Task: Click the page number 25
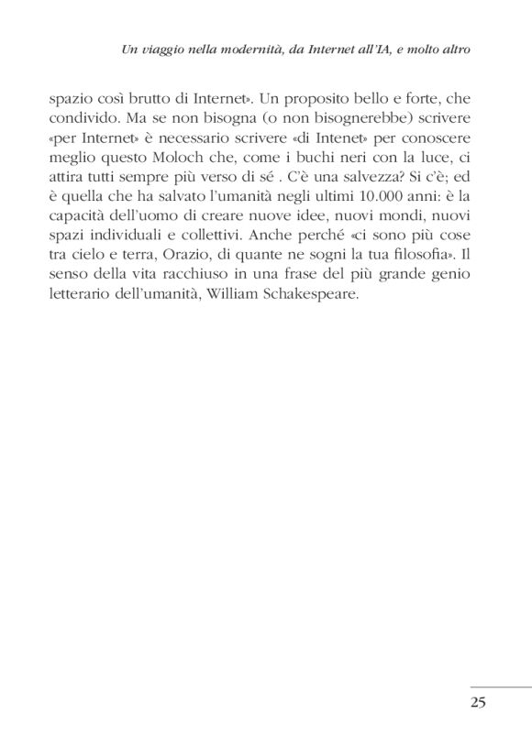477,703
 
